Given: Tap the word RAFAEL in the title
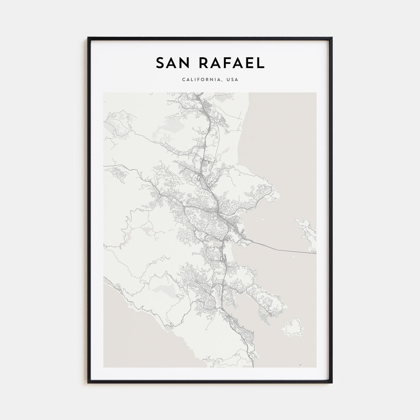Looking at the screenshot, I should click(231, 62).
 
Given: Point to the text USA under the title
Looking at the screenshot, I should click(233, 80).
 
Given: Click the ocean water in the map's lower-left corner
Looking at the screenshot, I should click(120, 345).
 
